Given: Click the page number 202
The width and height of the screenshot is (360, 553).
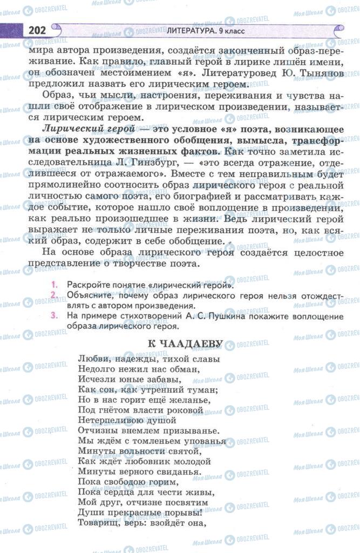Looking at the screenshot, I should [35, 31].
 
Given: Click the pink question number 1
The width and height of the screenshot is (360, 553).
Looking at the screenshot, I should [55, 284].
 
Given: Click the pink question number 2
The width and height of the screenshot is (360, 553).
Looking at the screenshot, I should [55, 295].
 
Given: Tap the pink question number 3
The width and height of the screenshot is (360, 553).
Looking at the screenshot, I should [55, 316].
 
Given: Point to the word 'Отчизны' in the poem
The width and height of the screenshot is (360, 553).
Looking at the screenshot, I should [98, 431].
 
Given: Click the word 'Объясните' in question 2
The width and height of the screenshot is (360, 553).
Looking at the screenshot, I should [88, 295].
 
